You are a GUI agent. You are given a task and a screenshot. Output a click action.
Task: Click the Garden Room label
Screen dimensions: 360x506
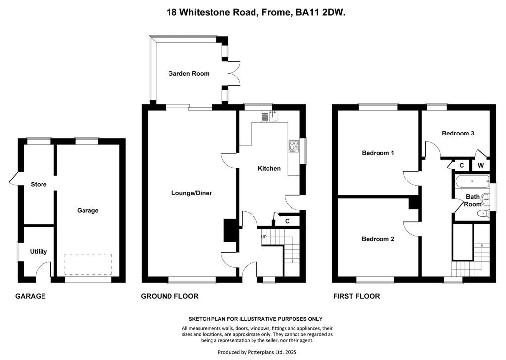[x=188, y=74]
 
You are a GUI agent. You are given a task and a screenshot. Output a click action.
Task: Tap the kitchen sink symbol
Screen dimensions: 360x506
[x=269, y=117]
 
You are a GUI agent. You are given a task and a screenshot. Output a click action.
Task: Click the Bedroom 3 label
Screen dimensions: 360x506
[x=458, y=133]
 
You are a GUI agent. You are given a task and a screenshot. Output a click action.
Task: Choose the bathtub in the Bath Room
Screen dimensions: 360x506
[x=472, y=181]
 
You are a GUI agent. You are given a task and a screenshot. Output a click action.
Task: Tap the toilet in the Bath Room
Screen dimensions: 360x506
[x=482, y=214]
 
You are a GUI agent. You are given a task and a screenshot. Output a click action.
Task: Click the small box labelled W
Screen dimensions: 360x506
[x=480, y=165]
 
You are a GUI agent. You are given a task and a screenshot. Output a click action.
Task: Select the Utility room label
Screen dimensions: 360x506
[x=39, y=252]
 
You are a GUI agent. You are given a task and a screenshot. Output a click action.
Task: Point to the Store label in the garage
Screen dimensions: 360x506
[x=39, y=185]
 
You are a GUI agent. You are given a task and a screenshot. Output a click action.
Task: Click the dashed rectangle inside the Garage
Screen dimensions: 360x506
[x=87, y=265]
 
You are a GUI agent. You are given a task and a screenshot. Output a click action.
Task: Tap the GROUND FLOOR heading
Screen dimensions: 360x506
[x=169, y=296]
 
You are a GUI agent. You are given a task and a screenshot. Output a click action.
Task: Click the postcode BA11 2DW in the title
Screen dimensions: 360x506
[x=321, y=14]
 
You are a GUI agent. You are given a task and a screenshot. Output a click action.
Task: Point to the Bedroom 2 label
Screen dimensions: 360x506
[x=378, y=239]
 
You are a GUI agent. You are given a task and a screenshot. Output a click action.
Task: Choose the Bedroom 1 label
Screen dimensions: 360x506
[x=378, y=153]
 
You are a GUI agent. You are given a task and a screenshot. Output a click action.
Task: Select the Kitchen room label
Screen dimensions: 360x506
[x=269, y=169]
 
